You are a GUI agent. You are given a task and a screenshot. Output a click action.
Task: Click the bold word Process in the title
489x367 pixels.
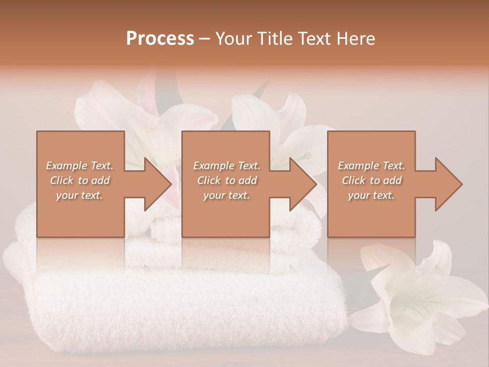point(160,39)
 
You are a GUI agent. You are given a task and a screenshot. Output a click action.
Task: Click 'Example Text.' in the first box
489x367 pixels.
point(79,166)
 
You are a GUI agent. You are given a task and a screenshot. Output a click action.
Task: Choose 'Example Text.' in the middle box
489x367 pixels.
point(227,166)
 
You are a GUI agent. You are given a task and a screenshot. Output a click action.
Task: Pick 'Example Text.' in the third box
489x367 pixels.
point(371,166)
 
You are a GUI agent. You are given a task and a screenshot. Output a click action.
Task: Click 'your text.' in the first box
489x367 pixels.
point(79,195)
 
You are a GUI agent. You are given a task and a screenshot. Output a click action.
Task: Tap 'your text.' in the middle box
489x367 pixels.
point(227,195)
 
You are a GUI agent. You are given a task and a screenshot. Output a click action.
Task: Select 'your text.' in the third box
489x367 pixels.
point(371,195)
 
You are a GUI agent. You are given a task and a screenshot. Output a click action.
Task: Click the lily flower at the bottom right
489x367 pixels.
point(418,296)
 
